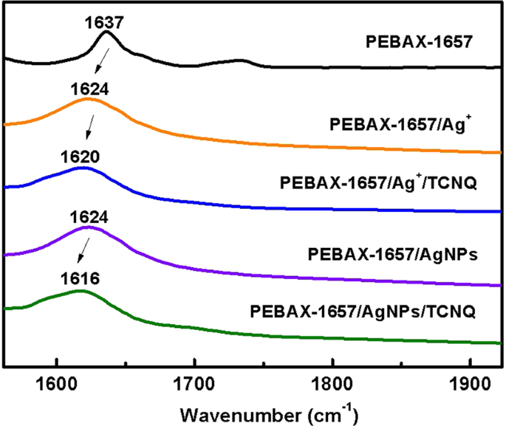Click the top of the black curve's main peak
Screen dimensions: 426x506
click(106, 32)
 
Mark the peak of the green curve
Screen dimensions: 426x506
click(79, 292)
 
